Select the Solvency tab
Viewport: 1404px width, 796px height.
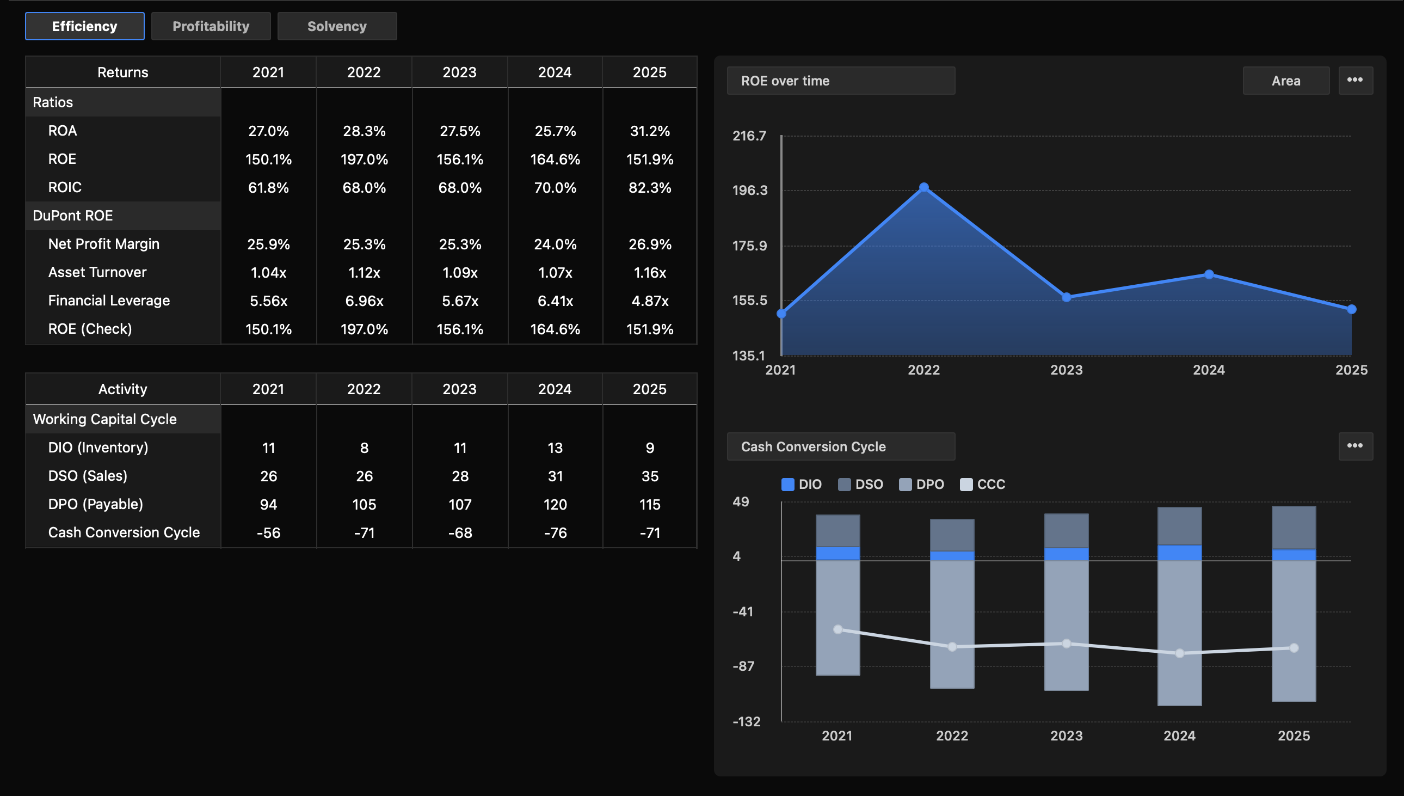coord(336,26)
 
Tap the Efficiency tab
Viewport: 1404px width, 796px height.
coord(85,26)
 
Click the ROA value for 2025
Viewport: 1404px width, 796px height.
coord(649,131)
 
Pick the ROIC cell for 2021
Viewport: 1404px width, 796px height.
coord(268,187)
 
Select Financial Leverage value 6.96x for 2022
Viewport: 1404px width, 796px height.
coord(364,301)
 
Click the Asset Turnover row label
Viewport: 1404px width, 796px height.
coord(97,272)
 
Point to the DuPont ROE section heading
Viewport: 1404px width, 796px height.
coord(73,216)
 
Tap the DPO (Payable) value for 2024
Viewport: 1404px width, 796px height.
coord(555,504)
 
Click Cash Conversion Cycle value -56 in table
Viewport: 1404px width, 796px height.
coord(268,532)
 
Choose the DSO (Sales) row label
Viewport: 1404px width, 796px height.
coord(88,476)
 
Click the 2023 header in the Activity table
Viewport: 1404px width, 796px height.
coord(459,389)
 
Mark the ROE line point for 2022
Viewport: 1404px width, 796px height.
coord(923,187)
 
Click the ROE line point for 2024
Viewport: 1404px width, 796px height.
coord(1209,274)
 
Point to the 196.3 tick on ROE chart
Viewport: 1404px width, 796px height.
coord(749,190)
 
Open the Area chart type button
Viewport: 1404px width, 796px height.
coord(1285,81)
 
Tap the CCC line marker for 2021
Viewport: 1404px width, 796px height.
coord(838,629)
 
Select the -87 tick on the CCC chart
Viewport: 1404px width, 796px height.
coord(743,666)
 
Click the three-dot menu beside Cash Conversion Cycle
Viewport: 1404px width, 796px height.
coord(1354,446)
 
